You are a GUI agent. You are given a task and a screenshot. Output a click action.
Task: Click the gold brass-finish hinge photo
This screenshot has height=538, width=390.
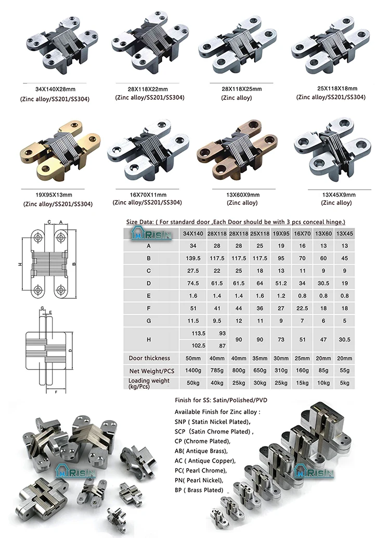pyautogui.click(x=61, y=150)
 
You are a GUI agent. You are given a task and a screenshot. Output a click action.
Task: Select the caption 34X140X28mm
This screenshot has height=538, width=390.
pyautogui.click(x=55, y=89)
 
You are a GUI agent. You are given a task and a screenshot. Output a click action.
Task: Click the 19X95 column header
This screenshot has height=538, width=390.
pyautogui.click(x=281, y=234)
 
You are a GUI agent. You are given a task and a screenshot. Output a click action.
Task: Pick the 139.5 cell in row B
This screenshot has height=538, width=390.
pyautogui.click(x=193, y=258)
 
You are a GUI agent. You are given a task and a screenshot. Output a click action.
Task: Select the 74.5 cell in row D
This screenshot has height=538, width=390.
pyautogui.click(x=193, y=283)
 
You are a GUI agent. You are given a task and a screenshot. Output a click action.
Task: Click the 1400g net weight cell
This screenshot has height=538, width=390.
pyautogui.click(x=193, y=371)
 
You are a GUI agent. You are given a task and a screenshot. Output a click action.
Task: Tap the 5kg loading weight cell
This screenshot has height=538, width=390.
pyautogui.click(x=345, y=383)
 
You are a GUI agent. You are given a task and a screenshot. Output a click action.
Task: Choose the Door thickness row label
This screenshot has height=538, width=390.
pyautogui.click(x=149, y=358)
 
